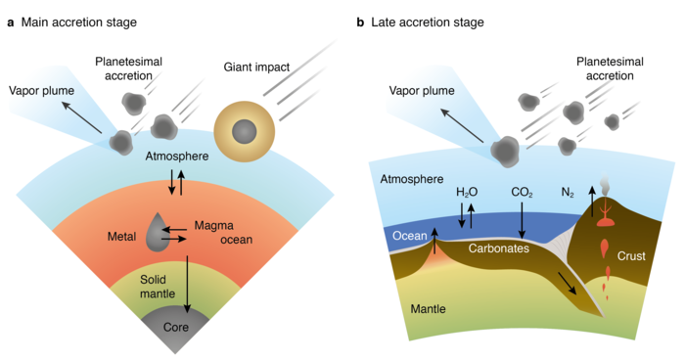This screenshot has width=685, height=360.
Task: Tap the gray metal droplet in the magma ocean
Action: (157, 232)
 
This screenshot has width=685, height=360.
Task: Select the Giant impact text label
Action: (256, 67)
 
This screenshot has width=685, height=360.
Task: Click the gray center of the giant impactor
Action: (245, 132)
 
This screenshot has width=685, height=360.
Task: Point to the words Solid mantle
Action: (158, 287)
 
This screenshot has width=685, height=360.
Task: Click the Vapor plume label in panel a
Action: (41, 91)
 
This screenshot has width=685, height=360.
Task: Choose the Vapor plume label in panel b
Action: (422, 91)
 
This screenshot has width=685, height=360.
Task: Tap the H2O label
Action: (467, 193)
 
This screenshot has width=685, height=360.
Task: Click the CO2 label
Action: (522, 193)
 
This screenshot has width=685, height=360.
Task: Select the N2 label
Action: (568, 193)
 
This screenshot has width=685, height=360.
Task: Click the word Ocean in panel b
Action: (409, 236)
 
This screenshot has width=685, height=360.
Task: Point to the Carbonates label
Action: (499, 248)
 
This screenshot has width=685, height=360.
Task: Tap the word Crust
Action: (631, 256)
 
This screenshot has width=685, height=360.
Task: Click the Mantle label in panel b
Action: (429, 309)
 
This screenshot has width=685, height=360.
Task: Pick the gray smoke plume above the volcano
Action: (605, 185)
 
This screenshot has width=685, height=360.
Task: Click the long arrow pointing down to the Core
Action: (188, 285)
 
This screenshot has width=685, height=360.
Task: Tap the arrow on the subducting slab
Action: (567, 283)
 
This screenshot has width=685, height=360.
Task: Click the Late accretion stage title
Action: (428, 22)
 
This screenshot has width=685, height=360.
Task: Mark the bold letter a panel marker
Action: (11, 22)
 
